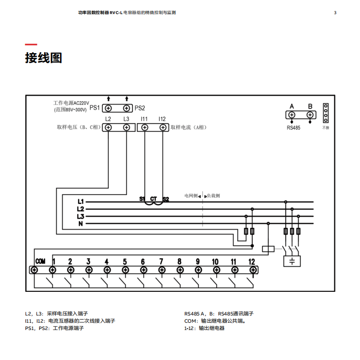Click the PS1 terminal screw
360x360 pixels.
point(108,108)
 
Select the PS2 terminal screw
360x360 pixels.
point(126,108)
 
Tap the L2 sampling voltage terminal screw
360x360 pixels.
point(108,128)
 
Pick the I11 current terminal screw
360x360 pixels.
point(144,128)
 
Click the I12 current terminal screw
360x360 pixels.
point(162,128)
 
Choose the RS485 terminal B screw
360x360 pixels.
point(310,115)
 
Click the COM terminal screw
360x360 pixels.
point(35,270)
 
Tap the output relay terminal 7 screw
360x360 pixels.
point(162,270)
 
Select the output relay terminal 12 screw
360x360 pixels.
point(253,270)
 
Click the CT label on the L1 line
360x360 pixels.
point(153,199)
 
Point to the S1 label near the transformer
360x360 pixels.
point(142,199)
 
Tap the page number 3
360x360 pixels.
point(335,13)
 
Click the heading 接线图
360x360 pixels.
point(43,58)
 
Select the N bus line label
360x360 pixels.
point(81,224)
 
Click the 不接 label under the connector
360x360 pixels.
point(325,128)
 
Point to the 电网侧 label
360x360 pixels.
point(191,195)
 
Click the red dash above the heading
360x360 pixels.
point(31,45)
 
